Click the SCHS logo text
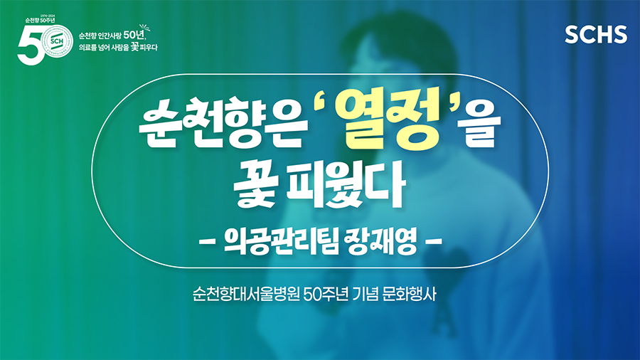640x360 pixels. (x=596, y=34)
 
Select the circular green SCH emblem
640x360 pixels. (x=57, y=41)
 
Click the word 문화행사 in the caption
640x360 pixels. (x=410, y=294)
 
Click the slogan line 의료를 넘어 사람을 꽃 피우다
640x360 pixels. (x=118, y=48)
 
